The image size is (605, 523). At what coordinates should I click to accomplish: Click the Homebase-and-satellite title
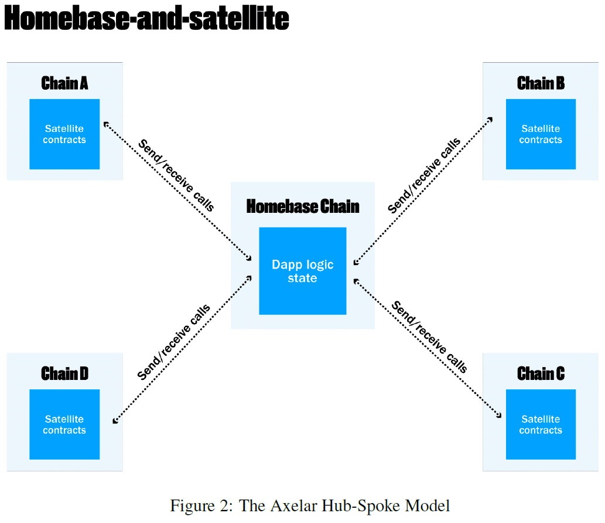click(146, 19)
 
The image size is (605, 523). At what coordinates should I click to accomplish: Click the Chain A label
click(64, 83)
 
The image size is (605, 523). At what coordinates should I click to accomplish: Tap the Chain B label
click(541, 83)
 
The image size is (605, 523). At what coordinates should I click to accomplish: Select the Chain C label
click(541, 373)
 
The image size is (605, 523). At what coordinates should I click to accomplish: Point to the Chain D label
click(64, 373)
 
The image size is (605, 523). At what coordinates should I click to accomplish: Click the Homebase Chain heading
click(302, 206)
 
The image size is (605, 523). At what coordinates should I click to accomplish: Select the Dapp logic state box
click(302, 271)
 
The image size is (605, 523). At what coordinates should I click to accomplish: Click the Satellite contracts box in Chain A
click(64, 134)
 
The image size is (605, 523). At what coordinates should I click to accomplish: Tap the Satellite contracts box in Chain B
click(541, 134)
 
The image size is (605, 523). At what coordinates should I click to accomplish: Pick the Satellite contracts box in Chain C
click(541, 424)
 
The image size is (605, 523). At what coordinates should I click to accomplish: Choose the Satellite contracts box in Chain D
click(64, 424)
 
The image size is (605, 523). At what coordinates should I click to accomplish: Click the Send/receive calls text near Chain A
click(176, 175)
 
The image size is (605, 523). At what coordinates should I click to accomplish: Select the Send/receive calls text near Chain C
click(429, 337)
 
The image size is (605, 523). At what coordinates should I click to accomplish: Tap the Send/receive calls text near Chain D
click(174, 342)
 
